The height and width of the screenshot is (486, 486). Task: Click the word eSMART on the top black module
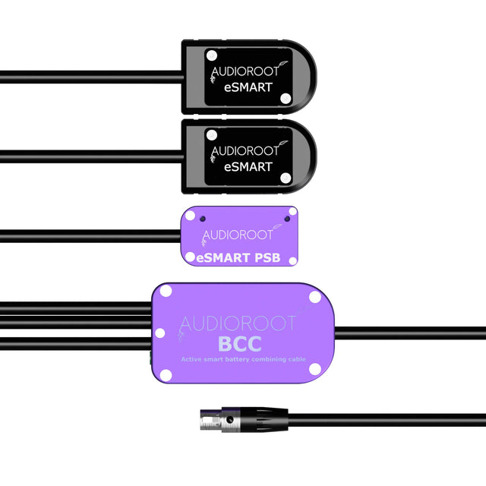248,87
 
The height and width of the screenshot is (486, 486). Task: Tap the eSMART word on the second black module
248,167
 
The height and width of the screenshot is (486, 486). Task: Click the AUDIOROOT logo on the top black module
245,70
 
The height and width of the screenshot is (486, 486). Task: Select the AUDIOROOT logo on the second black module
245,150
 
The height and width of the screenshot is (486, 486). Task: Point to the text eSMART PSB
238,258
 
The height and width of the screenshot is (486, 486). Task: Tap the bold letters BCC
239,344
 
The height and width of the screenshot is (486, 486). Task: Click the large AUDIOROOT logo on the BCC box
238,323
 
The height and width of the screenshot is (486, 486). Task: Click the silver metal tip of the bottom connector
209,417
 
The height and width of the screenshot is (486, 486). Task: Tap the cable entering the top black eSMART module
91,74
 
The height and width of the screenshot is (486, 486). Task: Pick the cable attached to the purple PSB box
91,232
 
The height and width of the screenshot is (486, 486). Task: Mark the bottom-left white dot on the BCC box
163,372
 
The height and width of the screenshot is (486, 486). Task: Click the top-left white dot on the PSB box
190,215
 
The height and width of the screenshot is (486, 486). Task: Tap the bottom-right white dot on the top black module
286,98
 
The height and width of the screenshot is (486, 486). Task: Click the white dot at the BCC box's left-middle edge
159,333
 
